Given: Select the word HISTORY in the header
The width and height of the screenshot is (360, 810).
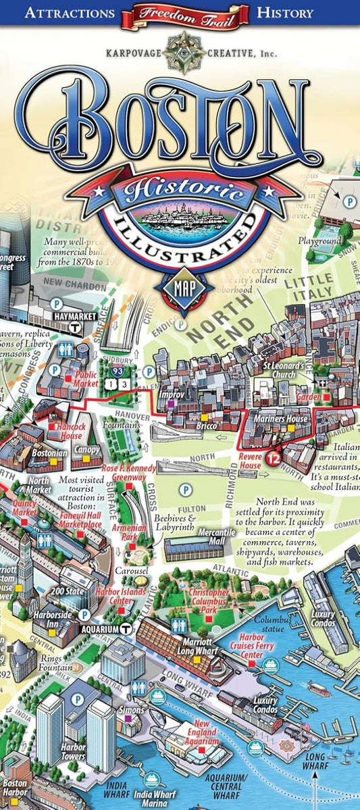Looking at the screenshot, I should [x=285, y=13].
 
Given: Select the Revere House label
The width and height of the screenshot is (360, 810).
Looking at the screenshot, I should [x=250, y=461].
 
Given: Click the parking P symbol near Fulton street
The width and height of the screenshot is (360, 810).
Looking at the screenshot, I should [x=184, y=488].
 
